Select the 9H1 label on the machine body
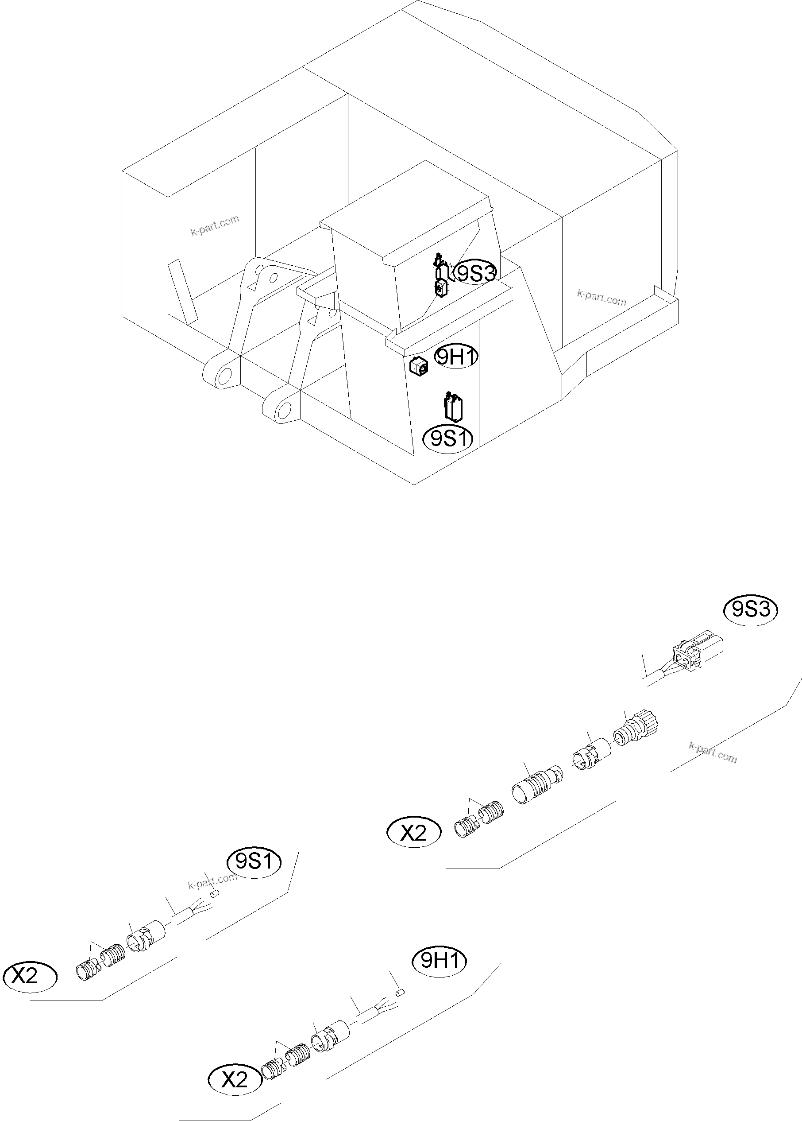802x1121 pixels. coord(456,357)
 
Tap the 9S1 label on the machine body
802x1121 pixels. coord(448,438)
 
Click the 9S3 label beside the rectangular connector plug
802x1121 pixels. coord(751,610)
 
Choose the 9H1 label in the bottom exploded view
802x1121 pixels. coord(439,960)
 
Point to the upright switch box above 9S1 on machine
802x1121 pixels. coord(453,407)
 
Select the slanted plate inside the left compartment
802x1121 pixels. coord(182,291)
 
